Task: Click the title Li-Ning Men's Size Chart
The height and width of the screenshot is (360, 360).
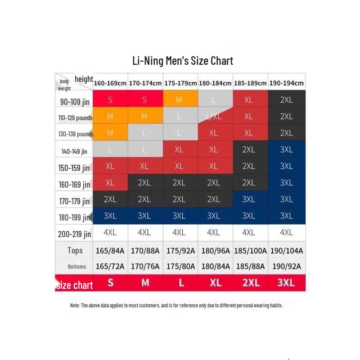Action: (x=183, y=60)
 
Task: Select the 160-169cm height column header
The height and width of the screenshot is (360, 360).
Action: (x=110, y=83)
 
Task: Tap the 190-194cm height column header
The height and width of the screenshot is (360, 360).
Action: (x=286, y=83)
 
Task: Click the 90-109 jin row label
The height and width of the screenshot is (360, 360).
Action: (x=75, y=102)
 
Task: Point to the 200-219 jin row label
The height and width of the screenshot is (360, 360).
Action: (x=74, y=234)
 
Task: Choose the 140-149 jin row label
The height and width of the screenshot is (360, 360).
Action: (x=74, y=151)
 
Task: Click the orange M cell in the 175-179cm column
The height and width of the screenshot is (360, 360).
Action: (x=179, y=100)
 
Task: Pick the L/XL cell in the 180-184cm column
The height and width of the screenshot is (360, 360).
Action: (x=213, y=117)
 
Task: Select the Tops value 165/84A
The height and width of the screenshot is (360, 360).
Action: (x=110, y=251)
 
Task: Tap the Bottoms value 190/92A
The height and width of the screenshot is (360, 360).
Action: (x=286, y=266)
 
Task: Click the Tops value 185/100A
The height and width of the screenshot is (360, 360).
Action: (x=251, y=251)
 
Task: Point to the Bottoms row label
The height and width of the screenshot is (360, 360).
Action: (x=77, y=266)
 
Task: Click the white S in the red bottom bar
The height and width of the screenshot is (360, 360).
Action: (x=110, y=283)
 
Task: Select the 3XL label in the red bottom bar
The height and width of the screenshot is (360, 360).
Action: (x=286, y=283)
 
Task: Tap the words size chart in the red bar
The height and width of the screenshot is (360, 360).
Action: (x=75, y=285)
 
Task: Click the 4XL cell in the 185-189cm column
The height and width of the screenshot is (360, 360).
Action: (x=249, y=233)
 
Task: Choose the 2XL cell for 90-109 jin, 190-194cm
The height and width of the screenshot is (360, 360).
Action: (x=286, y=100)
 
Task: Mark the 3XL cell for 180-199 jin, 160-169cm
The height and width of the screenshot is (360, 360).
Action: (x=110, y=216)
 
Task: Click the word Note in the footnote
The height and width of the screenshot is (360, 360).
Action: (x=75, y=305)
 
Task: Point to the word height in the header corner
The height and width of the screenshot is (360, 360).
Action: (x=84, y=79)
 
